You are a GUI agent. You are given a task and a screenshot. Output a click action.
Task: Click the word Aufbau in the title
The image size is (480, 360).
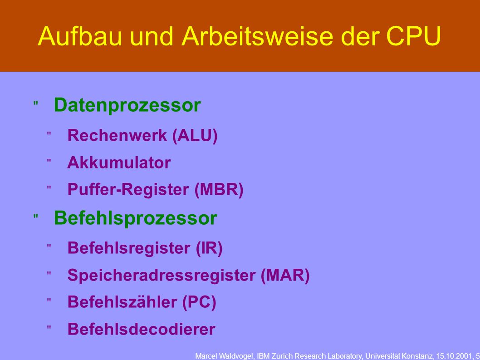pyautogui.click(x=80, y=36)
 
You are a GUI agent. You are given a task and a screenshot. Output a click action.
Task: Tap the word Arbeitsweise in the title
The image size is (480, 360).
pyautogui.click(x=257, y=36)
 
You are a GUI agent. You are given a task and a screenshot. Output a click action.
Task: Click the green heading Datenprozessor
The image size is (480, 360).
pyautogui.click(x=127, y=106)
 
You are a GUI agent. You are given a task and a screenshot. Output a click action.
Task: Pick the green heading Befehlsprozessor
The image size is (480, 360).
pyautogui.click(x=136, y=218)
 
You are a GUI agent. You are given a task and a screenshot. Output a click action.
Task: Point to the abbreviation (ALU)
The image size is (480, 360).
pyautogui.click(x=195, y=136)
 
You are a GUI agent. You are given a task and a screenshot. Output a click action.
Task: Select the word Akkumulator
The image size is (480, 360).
pyautogui.click(x=119, y=163)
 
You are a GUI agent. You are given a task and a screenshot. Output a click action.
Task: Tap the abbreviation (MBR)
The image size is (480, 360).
pyautogui.click(x=219, y=190)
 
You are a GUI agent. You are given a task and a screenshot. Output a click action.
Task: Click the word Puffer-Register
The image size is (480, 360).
pyautogui.click(x=128, y=190)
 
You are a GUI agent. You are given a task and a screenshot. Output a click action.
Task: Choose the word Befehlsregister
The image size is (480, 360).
pyautogui.click(x=129, y=248)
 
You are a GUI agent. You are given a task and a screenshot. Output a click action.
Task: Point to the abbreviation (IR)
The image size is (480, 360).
pyautogui.click(x=209, y=248)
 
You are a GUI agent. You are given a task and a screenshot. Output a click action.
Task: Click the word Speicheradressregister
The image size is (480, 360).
pyautogui.click(x=162, y=275)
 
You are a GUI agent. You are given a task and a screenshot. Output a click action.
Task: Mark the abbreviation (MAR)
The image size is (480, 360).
pyautogui.click(x=285, y=275)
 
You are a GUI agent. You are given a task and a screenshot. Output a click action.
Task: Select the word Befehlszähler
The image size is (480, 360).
pyautogui.click(x=122, y=302)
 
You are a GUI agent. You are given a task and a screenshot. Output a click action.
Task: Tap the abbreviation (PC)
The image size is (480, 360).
pyautogui.click(x=199, y=302)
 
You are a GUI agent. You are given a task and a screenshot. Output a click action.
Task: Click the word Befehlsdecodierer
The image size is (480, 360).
pyautogui.click(x=142, y=330)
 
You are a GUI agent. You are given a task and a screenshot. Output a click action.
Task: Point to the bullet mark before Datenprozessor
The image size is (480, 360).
pyautogui.click(x=36, y=104)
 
